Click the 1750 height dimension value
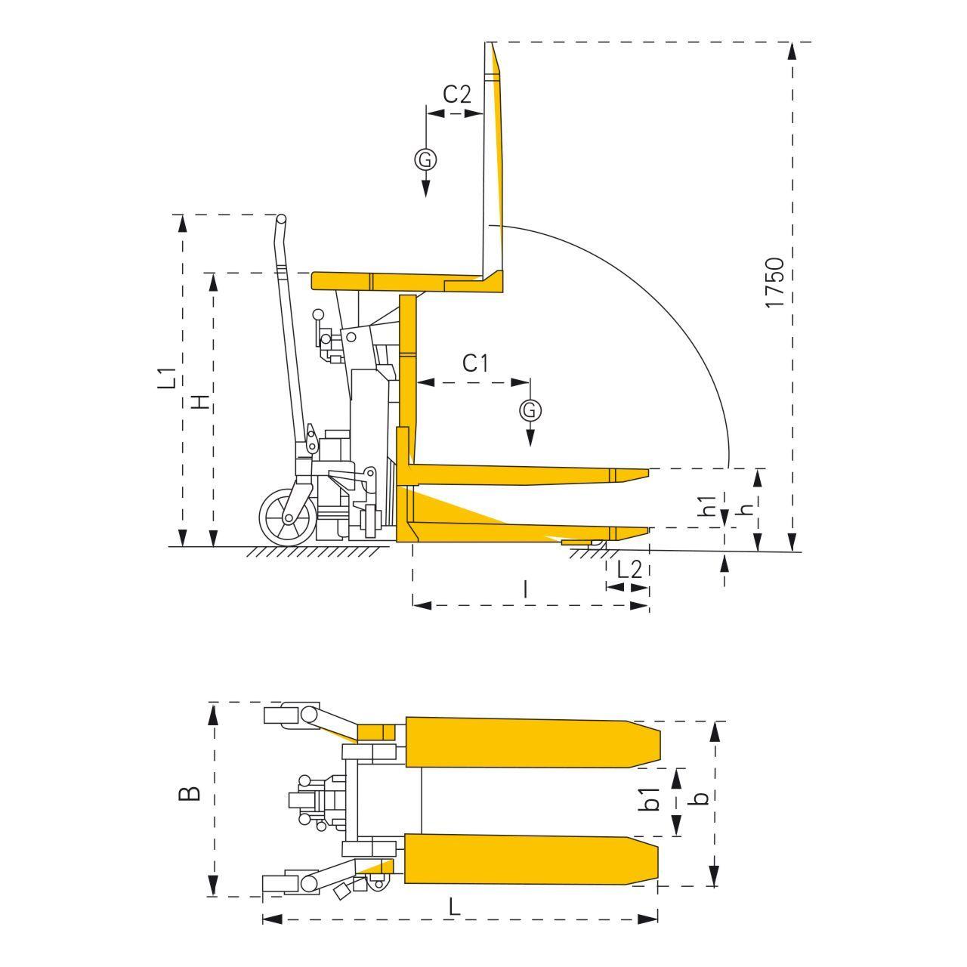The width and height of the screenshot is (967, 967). coord(775,283)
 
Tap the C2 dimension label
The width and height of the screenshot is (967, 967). coord(457,94)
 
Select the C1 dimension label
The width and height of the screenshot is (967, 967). coord(474,363)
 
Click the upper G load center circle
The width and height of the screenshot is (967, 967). coord(425,159)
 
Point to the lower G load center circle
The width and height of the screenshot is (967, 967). coord(530,410)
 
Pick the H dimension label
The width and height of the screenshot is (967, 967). coord(200,400)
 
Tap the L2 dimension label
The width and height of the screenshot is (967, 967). coord(629,570)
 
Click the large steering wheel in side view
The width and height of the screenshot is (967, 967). coord(288,518)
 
